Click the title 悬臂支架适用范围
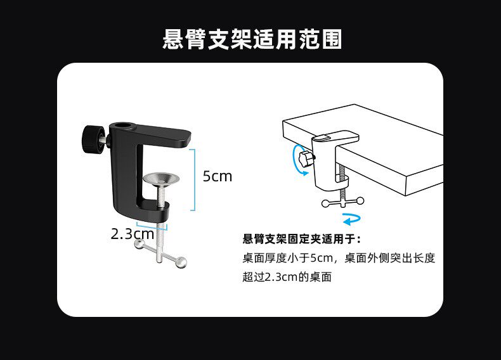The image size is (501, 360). point(252,39)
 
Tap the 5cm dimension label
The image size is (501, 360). point(218,176)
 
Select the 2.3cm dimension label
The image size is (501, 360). point(133,234)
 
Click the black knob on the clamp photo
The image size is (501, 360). point(93,139)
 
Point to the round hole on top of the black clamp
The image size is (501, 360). point(125,126)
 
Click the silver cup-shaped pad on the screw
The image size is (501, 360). point(160,179)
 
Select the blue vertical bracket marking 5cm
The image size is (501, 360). point(193,180)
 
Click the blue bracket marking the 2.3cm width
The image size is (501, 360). point(152,224)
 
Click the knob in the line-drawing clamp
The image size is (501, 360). point(306,158)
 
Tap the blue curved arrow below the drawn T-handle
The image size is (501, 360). point(351,219)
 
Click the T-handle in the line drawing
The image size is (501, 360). point(343,202)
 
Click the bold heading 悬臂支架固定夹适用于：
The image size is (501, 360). point(302,239)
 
